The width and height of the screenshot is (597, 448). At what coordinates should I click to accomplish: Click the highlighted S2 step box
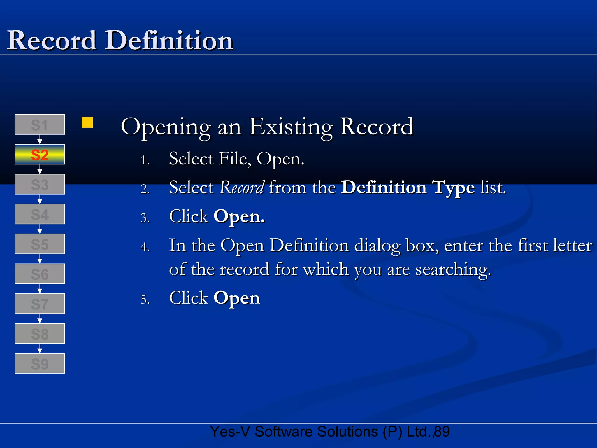coord(40,155)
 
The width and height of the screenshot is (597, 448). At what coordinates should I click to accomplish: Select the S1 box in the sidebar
coord(40,125)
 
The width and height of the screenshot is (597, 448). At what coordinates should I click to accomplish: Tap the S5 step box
coord(40,244)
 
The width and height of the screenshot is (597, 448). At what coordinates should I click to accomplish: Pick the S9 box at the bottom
coord(40,363)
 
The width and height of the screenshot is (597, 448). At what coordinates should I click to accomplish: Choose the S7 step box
coord(40,304)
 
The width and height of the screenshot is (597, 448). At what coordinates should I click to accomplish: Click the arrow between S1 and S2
coord(40,140)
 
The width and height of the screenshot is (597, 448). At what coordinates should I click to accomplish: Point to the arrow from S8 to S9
coord(40,349)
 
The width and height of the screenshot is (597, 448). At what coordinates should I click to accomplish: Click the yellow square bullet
coord(87,123)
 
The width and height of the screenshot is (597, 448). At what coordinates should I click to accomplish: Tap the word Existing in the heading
coord(290,127)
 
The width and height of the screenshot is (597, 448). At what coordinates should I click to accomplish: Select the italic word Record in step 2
coord(242,187)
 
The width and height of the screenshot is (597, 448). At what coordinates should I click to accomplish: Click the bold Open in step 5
coord(236,298)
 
